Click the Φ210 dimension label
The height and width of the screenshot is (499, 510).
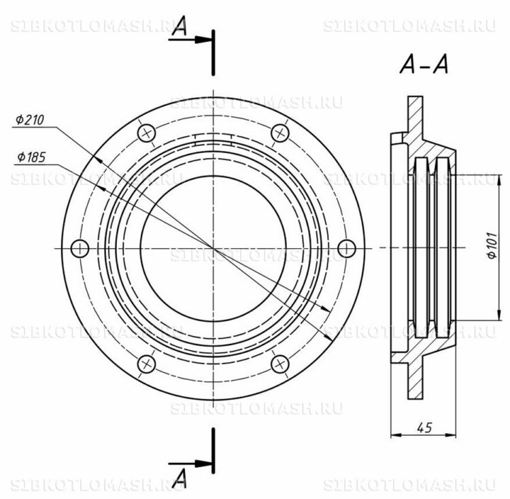coord(30,120)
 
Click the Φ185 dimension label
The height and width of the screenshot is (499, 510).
coord(31,157)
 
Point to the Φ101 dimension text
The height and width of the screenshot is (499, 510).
coord(492,245)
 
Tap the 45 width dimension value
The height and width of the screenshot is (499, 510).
coord(424,428)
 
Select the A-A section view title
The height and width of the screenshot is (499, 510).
coord(424,65)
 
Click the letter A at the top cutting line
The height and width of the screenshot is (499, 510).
coord(180,25)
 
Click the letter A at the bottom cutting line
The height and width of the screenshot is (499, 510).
coord(180,479)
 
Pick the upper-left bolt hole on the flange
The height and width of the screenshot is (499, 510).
coord(146,133)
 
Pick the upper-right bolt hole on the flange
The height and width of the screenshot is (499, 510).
coord(280,133)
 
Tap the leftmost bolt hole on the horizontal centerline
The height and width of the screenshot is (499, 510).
coord(80,248)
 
